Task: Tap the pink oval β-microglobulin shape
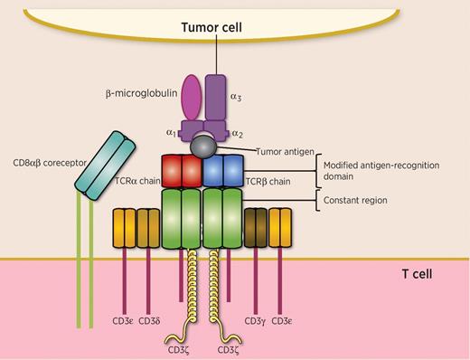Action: click(x=193, y=97)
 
